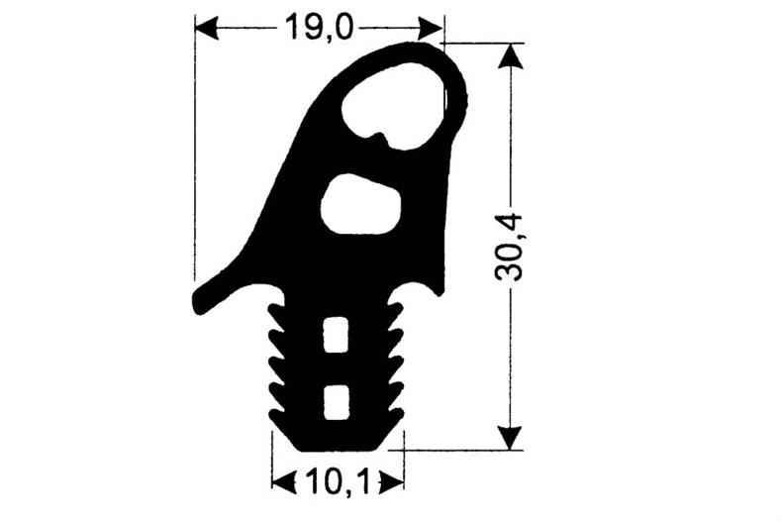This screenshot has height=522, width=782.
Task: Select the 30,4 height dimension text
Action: (511, 248)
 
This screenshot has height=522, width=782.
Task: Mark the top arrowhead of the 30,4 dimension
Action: (509, 55)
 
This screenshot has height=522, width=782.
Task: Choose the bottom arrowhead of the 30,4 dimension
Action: (509, 438)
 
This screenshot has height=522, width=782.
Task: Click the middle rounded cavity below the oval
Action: (360, 206)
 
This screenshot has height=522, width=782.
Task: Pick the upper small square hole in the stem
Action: (337, 334)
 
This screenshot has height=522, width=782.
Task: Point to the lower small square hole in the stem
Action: (337, 399)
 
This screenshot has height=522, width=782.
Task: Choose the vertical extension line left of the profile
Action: (194, 149)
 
